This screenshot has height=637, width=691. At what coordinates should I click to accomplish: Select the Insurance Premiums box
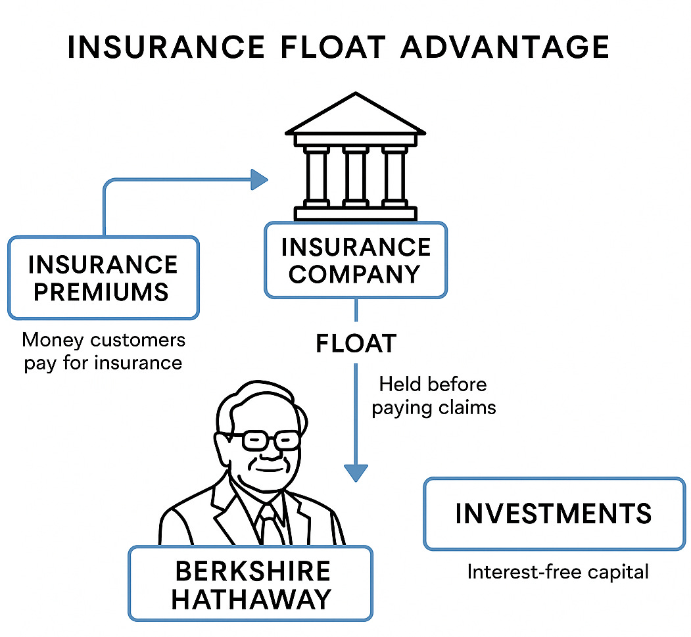point(103,277)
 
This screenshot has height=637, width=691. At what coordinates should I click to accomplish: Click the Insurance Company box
point(355,260)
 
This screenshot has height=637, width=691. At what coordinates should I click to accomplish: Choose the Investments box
point(554,513)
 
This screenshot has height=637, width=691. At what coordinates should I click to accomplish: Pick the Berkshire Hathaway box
point(250,583)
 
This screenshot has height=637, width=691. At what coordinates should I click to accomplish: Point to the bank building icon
point(355,158)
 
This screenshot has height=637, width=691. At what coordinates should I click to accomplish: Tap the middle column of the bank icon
point(355,176)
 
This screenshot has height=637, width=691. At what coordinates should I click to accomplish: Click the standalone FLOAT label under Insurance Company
point(356,344)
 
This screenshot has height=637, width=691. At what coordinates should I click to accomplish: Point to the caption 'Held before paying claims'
point(433,396)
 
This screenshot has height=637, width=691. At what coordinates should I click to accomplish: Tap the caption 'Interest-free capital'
point(558,572)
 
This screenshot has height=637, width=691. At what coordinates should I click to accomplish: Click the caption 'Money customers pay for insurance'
point(103,351)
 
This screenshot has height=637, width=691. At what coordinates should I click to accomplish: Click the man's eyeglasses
point(262,440)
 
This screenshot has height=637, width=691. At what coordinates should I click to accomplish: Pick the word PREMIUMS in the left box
point(101,291)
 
